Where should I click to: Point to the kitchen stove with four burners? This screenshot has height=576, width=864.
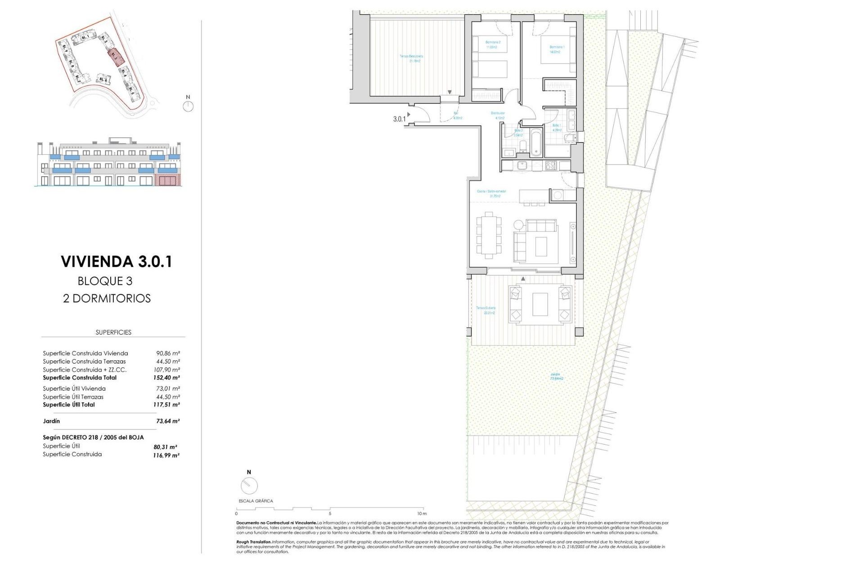pos(551,165)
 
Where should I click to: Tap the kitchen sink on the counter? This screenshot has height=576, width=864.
pos(522,165)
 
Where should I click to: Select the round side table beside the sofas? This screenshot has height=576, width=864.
pos(519,224)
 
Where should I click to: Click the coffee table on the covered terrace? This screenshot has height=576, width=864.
pos(540,304)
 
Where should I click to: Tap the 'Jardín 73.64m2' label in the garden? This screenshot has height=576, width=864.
pos(556,376)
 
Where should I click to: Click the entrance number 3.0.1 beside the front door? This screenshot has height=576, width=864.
pos(399,119)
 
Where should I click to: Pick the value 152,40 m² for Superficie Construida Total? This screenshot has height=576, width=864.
pos(166,378)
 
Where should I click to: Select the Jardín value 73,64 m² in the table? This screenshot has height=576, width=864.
pos(167,421)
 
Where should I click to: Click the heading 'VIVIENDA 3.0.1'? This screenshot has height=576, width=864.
pos(117,261)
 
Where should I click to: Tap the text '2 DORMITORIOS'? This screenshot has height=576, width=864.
pos(107,298)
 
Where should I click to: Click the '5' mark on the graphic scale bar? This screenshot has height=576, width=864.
pos(330,513)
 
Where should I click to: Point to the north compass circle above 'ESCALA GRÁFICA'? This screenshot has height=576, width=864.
pos(249,486)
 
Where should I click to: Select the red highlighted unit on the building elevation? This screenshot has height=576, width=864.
pos(167,181)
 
